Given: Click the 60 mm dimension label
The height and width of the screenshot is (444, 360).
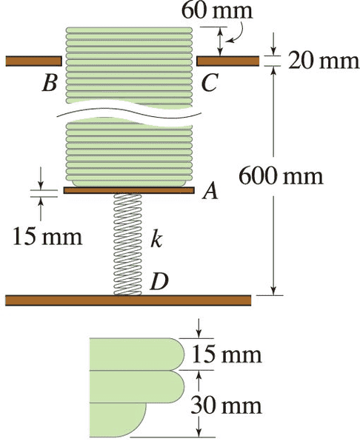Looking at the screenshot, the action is (217, 11).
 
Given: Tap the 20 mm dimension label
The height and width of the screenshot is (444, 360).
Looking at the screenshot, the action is (324, 61).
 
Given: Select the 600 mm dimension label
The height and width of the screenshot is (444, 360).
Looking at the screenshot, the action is (281, 176).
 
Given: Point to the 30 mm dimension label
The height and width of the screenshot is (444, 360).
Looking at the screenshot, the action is (226, 406).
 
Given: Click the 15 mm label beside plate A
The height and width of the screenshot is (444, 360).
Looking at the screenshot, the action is (47, 237).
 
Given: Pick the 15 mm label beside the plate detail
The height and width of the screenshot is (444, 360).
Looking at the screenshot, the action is (227, 354).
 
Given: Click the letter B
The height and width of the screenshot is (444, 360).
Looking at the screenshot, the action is (50, 83).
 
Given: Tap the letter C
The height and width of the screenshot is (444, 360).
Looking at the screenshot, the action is (210, 83).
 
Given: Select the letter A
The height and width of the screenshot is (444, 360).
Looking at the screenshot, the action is (210, 190).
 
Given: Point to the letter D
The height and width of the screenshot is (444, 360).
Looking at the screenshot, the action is (159, 281).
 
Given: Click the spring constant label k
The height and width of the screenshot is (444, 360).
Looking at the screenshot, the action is (156, 240).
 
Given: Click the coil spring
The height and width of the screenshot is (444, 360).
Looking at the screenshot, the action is (127, 244).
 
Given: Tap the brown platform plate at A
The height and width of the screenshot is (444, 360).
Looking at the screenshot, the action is (129, 190).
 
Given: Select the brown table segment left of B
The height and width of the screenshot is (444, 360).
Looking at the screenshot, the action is (34, 61).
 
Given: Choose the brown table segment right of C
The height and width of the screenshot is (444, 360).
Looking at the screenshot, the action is (228, 61).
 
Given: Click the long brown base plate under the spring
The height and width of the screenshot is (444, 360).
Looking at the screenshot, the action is (128, 300).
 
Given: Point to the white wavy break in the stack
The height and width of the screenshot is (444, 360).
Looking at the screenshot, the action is (130, 115).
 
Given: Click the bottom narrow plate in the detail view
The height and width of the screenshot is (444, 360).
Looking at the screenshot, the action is (119, 420).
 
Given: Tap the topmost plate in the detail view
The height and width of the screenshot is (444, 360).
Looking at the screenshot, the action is (137, 354).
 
